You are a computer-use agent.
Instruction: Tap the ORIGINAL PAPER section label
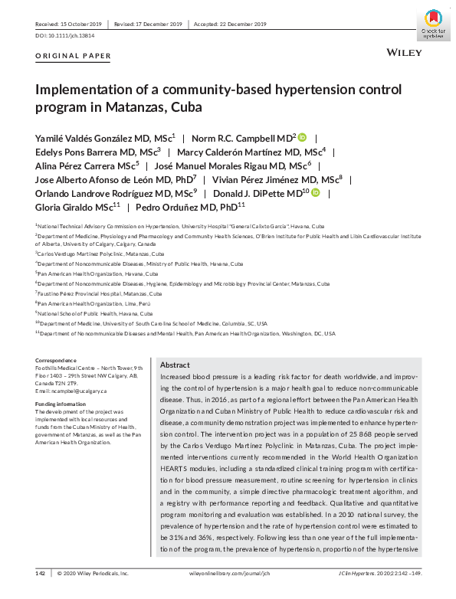coord(74,56)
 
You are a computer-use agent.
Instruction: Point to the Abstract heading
coord(176,365)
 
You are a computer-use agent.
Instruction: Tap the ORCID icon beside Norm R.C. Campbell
coord(302,137)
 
